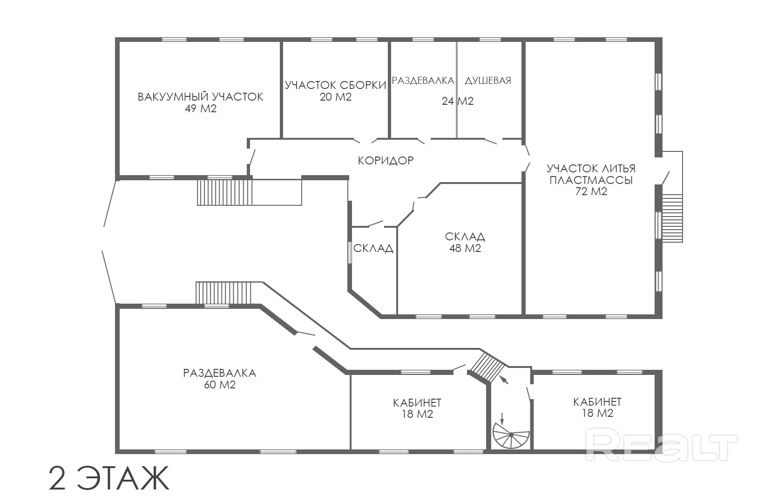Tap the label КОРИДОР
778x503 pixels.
[x=386, y=161]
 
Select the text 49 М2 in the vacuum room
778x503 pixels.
[x=200, y=109]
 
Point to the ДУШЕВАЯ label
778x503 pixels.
[x=488, y=81]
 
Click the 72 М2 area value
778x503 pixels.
[x=591, y=191]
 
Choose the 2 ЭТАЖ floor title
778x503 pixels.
[x=108, y=478]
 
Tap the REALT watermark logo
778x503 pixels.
[x=661, y=443]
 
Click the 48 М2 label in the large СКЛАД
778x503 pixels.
[x=465, y=248]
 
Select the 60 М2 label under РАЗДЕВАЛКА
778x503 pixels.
[x=220, y=385]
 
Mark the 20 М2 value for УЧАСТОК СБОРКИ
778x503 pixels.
[x=336, y=97]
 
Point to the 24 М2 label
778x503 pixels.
[x=457, y=101]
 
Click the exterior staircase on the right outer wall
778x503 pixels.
[x=672, y=218]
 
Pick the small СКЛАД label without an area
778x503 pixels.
[x=373, y=248]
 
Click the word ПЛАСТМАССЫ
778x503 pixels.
[x=591, y=180]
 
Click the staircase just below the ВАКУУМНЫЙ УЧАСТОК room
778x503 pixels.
[x=225, y=192]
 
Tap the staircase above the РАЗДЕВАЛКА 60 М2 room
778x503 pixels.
[x=223, y=293]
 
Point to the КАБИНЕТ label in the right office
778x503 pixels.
[x=597, y=402]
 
